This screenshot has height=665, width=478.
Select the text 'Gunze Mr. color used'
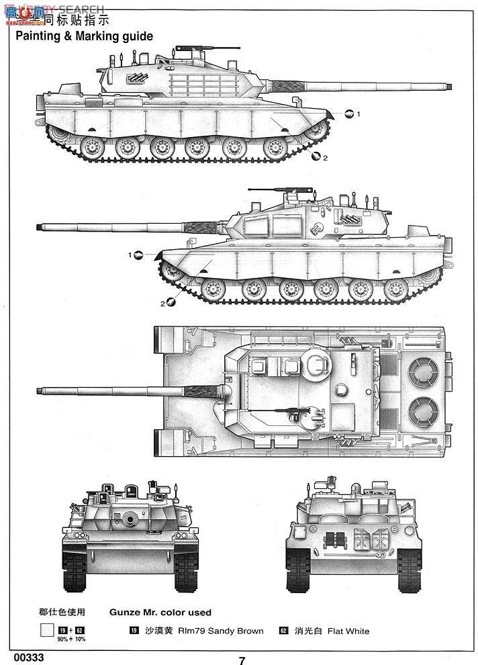pyautogui.click(x=160, y=612)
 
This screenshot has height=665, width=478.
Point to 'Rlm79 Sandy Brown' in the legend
pyautogui.click(x=222, y=631)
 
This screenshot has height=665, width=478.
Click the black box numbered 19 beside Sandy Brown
pyautogui.click(x=134, y=631)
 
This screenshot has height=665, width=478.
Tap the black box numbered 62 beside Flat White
pyautogui.click(x=283, y=631)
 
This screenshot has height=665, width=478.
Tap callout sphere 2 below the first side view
pyautogui.click(x=316, y=157)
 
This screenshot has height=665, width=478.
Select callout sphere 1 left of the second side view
pyautogui.click(x=138, y=255)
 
